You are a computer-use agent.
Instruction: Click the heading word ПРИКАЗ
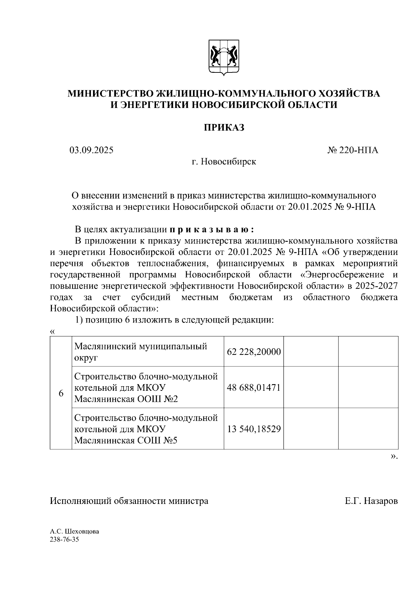(224, 127)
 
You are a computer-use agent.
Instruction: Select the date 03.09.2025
(91, 150)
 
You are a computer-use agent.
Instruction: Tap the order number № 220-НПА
(353, 150)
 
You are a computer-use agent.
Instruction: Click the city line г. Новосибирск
(224, 162)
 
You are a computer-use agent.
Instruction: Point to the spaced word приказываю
(212, 230)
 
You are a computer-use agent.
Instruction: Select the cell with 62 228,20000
(254, 352)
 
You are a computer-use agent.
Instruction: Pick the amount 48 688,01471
(254, 387)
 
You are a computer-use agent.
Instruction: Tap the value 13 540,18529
(254, 429)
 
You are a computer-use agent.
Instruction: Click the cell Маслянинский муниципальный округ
(141, 352)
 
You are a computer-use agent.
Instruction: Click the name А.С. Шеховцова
(74, 531)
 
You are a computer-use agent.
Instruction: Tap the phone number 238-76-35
(64, 539)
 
